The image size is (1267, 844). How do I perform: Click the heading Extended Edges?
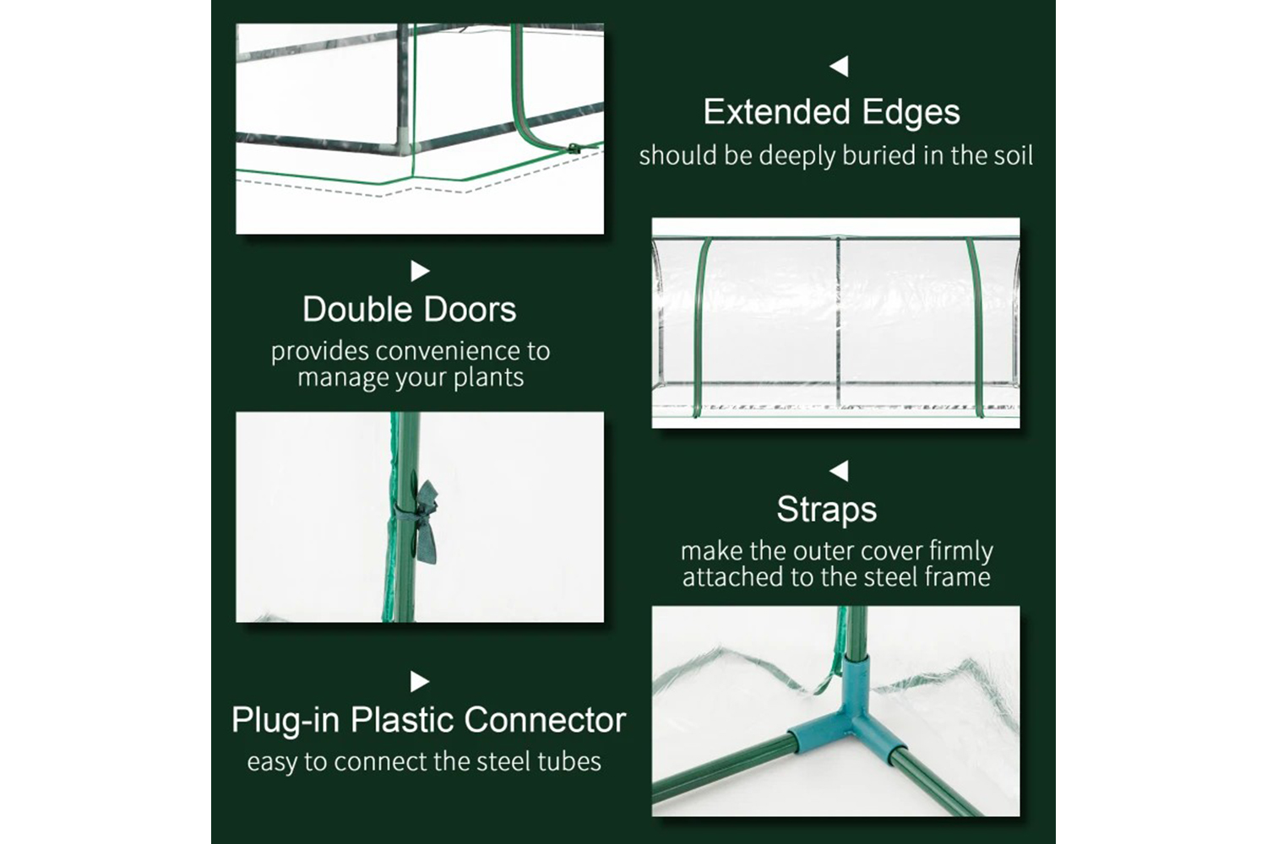pyautogui.click(x=831, y=112)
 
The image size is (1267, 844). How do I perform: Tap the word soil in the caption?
pyautogui.click(x=1013, y=155)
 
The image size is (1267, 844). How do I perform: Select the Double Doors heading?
pyautogui.click(x=409, y=309)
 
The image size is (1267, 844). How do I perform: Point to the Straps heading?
pyautogui.click(x=826, y=510)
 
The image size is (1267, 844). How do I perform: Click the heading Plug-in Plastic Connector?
pyautogui.click(x=429, y=720)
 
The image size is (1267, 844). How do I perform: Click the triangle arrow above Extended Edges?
pyautogui.click(x=839, y=66)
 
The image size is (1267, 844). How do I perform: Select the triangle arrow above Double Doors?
pyautogui.click(x=420, y=271)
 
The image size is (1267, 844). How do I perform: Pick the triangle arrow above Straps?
pyautogui.click(x=839, y=470)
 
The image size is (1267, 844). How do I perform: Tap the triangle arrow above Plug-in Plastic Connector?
pyautogui.click(x=420, y=681)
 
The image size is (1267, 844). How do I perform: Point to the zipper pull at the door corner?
pyautogui.click(x=574, y=149)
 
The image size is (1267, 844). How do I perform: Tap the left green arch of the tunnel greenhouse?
pyautogui.click(x=700, y=327)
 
